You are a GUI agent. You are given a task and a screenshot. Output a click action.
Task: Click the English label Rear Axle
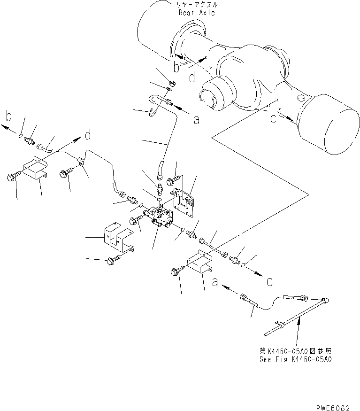196,13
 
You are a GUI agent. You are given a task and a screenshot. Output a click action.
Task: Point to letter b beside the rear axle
176,68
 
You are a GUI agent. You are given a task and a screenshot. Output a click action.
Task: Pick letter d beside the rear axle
192,78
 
